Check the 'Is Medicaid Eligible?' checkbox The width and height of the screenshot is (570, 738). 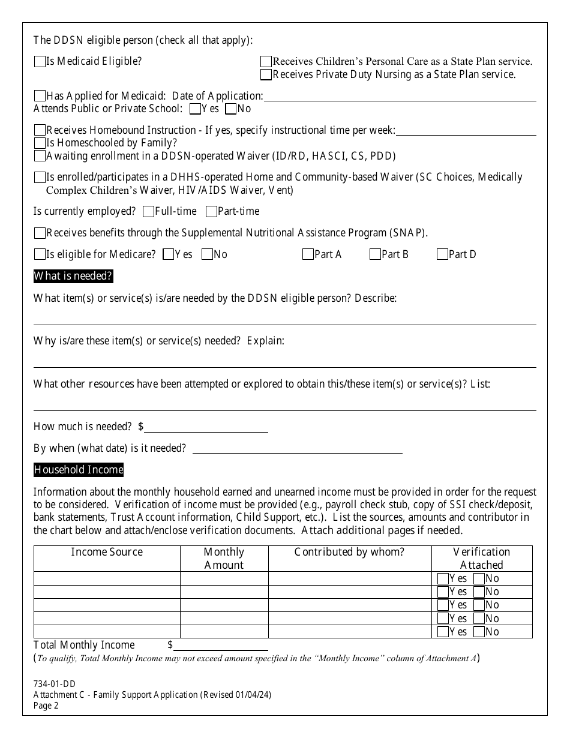pos(40,62)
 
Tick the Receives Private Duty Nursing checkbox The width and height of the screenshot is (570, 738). pos(266,75)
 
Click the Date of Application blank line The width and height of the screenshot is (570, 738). pos(399,97)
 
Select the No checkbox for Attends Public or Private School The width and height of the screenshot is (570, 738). pos(230,109)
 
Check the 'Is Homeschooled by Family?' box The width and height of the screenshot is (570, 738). pos(40,143)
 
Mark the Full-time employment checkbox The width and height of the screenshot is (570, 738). pos(148,212)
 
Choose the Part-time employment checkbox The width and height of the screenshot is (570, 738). pos(211,212)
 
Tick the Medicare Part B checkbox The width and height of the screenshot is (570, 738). pos(375,254)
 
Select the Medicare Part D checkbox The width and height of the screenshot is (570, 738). pos(442,254)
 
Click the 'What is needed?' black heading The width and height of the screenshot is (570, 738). pos(73,277)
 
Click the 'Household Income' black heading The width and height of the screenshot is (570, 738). pos(79,470)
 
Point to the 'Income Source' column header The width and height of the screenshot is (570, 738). pos(107,552)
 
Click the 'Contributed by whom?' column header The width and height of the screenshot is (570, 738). pos(349,552)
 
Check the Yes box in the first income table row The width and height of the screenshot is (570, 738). pos(443,579)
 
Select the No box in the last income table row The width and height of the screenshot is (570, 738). pos(479,632)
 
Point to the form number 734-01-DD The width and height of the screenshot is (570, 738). pos(55,683)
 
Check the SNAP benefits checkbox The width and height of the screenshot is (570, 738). pos(40,233)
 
